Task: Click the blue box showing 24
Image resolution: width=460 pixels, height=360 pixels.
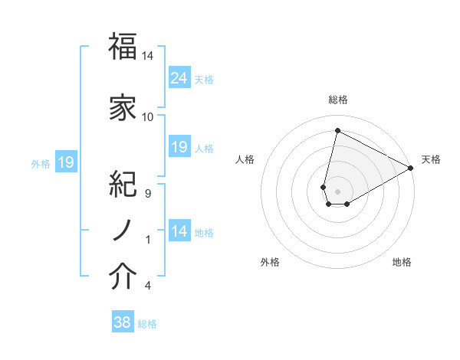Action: click(179, 78)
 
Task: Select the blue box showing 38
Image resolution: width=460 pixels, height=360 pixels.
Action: click(123, 322)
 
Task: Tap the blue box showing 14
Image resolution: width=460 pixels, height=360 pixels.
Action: click(179, 231)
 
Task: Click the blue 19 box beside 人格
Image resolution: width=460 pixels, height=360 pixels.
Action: click(179, 147)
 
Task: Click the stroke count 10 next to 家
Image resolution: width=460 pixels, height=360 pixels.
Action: click(147, 117)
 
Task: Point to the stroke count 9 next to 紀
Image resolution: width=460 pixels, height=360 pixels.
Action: click(147, 194)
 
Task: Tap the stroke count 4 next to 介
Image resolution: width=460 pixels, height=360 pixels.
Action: click(147, 286)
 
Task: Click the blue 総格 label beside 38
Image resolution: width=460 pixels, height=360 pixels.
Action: click(148, 324)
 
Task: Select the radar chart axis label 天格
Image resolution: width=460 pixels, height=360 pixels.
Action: click(431, 159)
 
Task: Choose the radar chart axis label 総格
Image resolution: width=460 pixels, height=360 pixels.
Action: click(337, 100)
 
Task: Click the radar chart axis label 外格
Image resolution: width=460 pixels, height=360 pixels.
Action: click(270, 262)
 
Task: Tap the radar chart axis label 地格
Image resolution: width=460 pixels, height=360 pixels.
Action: click(402, 262)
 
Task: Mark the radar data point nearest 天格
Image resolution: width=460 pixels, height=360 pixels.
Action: click(412, 169)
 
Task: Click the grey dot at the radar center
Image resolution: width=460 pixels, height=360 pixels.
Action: click(337, 189)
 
